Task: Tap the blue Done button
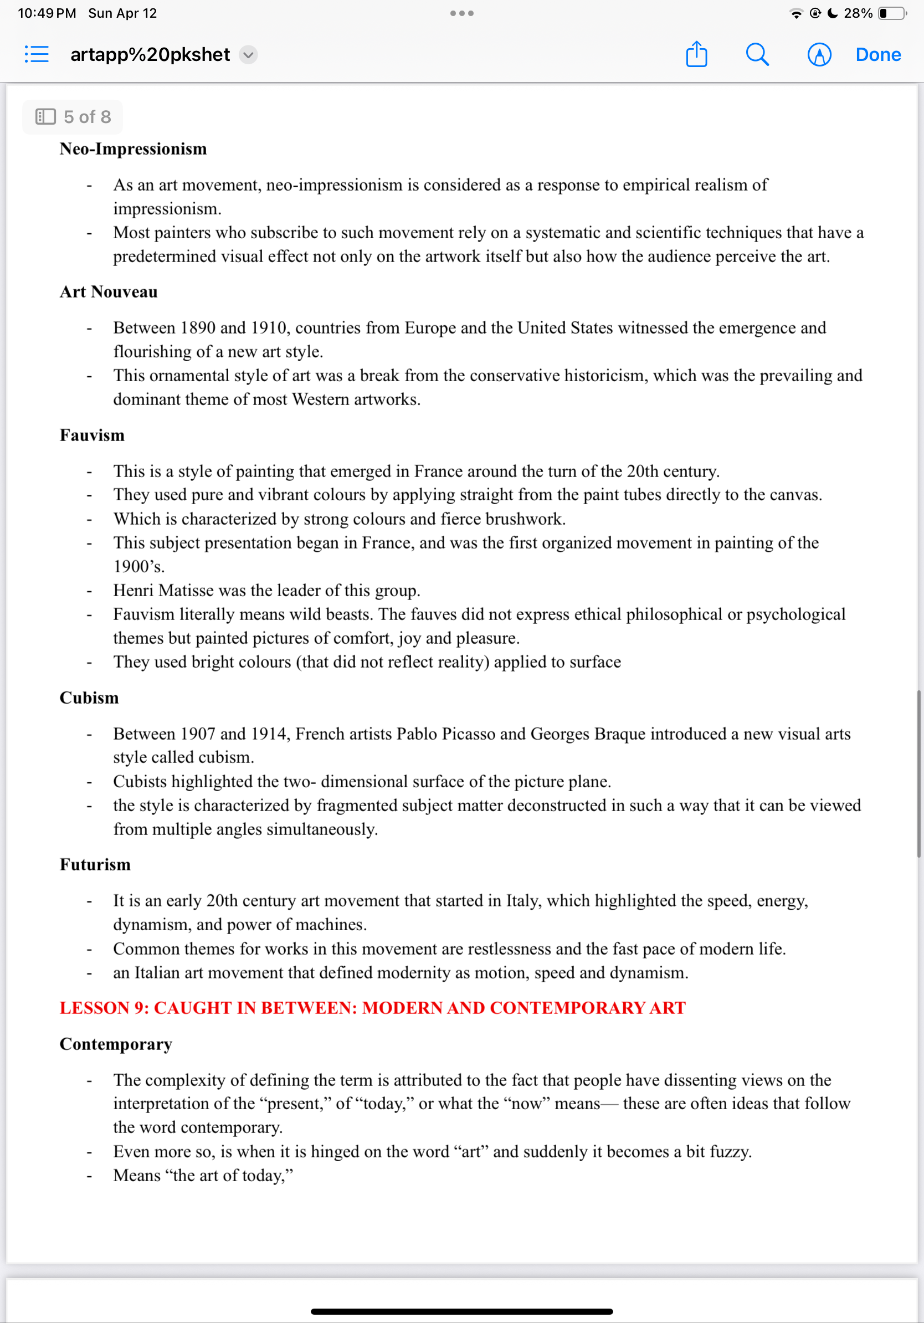pyautogui.click(x=877, y=55)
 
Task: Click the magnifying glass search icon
pyautogui.click(x=757, y=55)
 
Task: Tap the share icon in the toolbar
pyautogui.click(x=696, y=55)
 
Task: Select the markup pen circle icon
pyautogui.click(x=819, y=55)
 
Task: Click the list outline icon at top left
pyautogui.click(x=37, y=55)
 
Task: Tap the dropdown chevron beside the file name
pyautogui.click(x=248, y=55)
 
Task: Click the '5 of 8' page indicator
pyautogui.click(x=73, y=117)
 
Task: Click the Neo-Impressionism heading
pyautogui.click(x=133, y=148)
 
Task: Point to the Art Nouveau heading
pyautogui.click(x=109, y=291)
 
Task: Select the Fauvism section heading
pyautogui.click(x=92, y=435)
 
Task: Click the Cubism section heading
pyautogui.click(x=89, y=698)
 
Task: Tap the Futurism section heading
pyautogui.click(x=95, y=864)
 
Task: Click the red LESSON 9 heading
pyautogui.click(x=373, y=1008)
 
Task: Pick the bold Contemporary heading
pyautogui.click(x=116, y=1044)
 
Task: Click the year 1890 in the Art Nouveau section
pyautogui.click(x=198, y=328)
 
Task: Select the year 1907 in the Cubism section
pyautogui.click(x=198, y=734)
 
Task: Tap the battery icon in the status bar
pyautogui.click(x=891, y=13)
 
